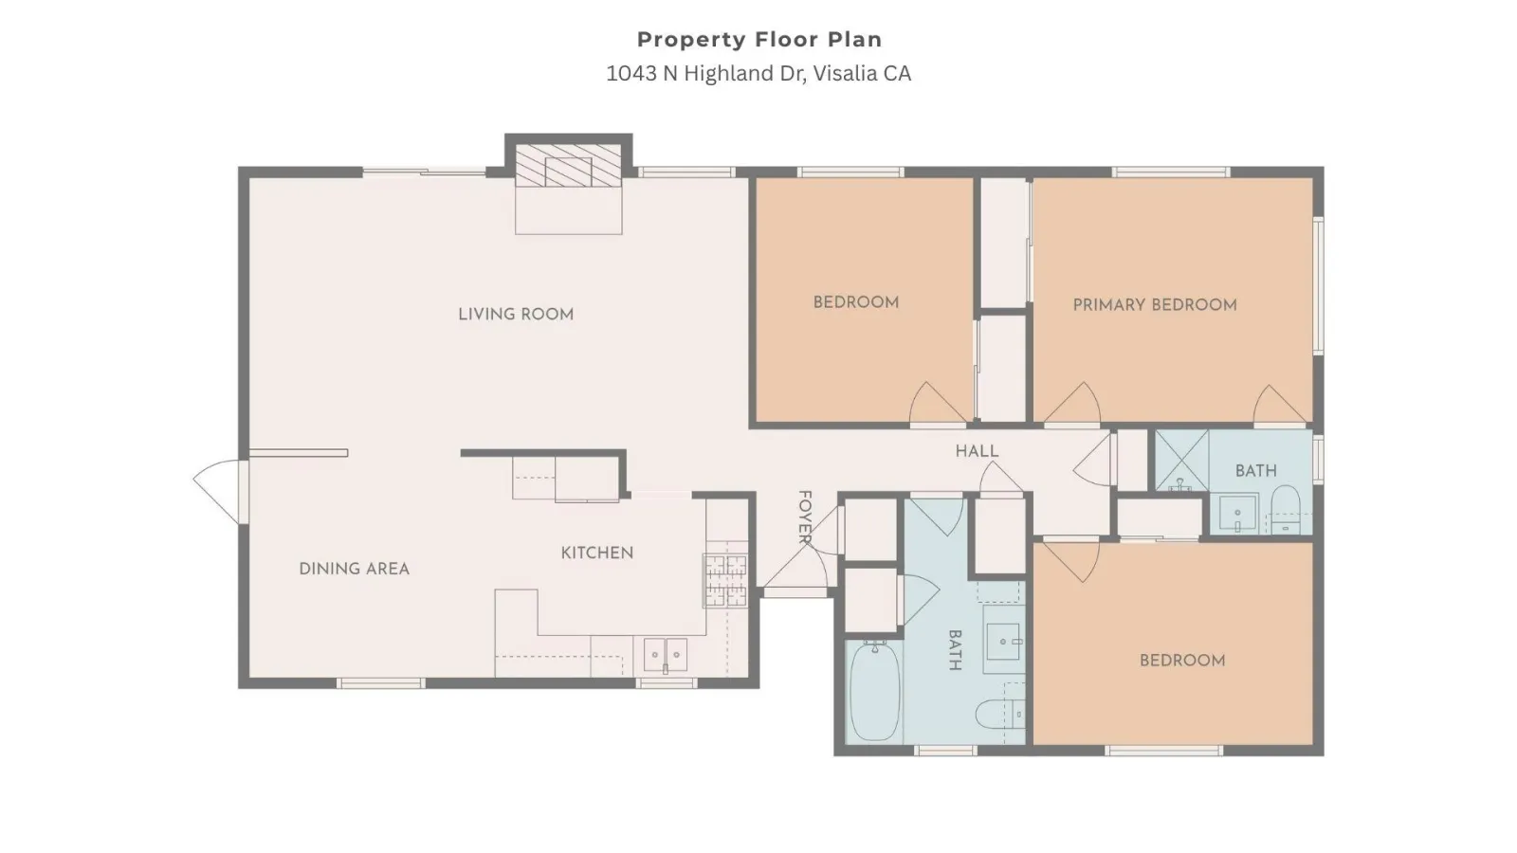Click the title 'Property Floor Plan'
[759, 40]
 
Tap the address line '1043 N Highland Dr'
[705, 73]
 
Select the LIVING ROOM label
[516, 314]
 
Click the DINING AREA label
[355, 569]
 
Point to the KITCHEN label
[597, 553]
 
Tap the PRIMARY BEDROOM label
[1155, 304]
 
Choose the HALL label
[977, 451]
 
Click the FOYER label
[805, 517]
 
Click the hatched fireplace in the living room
[568, 165]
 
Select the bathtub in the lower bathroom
[874, 692]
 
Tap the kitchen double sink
[665, 655]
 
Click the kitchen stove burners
[725, 580]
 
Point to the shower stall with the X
[1181, 461]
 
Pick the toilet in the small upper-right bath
[1286, 509]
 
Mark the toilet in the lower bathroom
[999, 714]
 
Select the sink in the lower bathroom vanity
[1003, 641]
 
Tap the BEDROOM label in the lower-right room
[1182, 660]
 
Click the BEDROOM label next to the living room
[856, 302]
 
